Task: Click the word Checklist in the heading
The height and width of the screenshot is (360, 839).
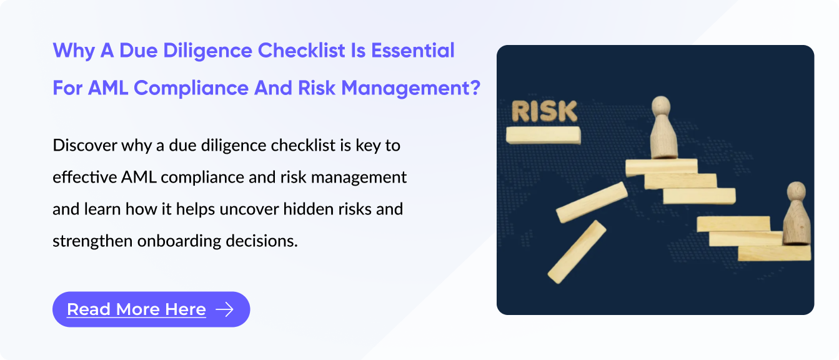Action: (302, 51)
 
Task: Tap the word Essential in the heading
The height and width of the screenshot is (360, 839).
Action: (413, 51)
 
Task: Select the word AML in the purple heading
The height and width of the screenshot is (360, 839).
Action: (108, 88)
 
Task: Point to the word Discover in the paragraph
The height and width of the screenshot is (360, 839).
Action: (84, 146)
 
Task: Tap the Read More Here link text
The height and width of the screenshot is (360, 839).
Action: (136, 309)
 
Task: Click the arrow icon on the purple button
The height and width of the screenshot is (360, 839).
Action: (225, 309)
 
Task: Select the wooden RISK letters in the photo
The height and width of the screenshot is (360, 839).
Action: (544, 111)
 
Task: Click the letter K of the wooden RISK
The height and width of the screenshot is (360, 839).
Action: (567, 111)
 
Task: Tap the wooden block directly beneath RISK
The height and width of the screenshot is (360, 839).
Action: (543, 135)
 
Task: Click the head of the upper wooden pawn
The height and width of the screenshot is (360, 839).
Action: (661, 106)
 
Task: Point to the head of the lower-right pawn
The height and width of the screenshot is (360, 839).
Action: (797, 191)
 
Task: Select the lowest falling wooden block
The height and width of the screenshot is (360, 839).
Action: (577, 252)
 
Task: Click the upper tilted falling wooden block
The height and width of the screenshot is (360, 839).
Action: (592, 202)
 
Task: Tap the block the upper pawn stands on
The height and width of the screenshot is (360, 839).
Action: (662, 167)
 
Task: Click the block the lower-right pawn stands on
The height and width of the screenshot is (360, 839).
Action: (774, 253)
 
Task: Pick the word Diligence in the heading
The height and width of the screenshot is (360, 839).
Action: (208, 51)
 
